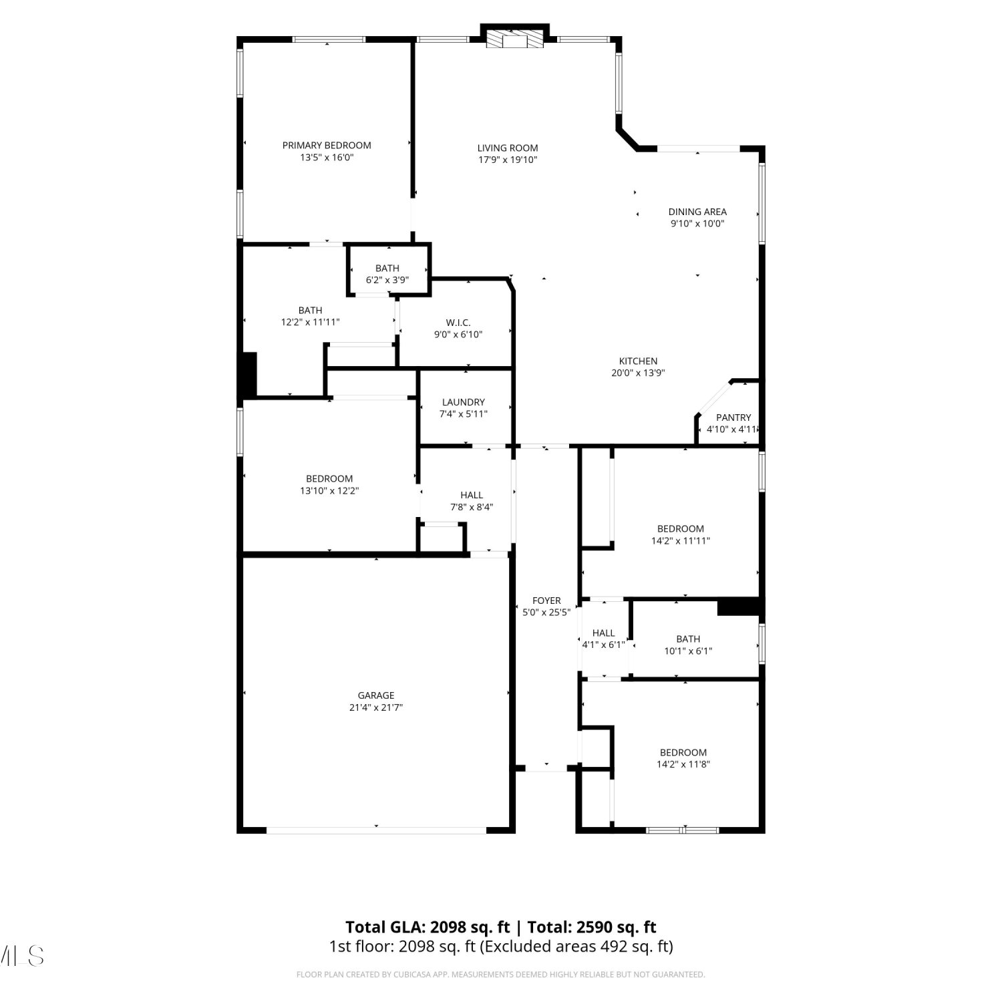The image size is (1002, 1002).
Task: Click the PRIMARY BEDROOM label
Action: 327,146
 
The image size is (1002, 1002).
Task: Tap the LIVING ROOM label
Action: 508,148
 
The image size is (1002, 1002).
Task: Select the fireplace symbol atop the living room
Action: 514,39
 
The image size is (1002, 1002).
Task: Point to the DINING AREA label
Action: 697,212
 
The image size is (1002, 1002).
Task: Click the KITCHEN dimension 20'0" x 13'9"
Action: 638,373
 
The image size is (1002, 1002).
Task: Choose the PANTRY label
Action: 733,417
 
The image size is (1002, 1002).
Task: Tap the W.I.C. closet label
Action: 458,323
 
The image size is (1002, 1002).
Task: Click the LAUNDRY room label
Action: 464,402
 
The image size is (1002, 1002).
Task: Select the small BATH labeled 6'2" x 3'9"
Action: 387,269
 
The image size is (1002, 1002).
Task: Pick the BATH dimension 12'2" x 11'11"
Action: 311,322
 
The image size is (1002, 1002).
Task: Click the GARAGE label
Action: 376,695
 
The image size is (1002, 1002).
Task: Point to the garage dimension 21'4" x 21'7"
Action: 376,707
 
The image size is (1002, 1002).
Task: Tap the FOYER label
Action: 546,601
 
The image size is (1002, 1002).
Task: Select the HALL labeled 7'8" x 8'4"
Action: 472,495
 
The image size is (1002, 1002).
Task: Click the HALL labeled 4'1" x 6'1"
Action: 603,633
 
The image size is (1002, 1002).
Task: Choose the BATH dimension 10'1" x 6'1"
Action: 688,651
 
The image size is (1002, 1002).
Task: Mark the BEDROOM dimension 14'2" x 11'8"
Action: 683,764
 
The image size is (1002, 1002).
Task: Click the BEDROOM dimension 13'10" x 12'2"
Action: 329,490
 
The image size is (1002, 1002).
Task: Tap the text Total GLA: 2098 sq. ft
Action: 428,927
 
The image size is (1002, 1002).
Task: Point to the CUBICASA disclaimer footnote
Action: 500,975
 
